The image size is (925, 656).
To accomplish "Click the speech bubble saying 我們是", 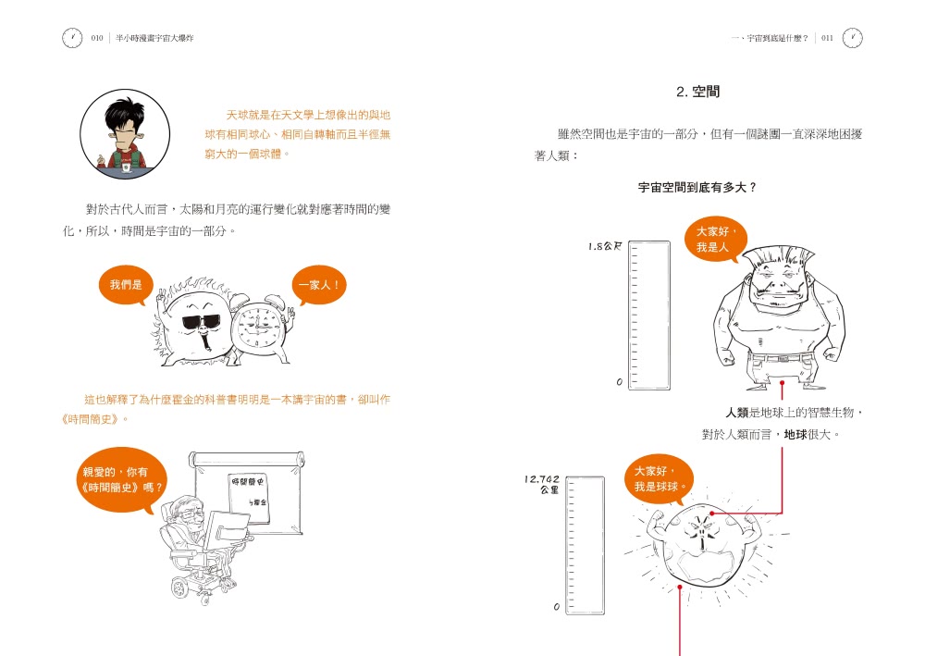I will click(126, 285).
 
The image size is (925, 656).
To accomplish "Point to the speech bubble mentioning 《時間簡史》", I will click(122, 479).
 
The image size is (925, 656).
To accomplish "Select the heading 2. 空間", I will click(697, 92).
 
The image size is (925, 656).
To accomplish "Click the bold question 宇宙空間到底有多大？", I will click(697, 187).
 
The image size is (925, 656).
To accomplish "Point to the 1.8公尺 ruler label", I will click(605, 247).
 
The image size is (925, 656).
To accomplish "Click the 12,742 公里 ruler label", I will click(542, 484).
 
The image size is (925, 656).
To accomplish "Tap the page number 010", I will click(97, 38).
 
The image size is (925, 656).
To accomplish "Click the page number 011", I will click(826, 38).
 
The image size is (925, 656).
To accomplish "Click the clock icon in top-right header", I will click(853, 38).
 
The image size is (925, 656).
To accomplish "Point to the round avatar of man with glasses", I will click(124, 133).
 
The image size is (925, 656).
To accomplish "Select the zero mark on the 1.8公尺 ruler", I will click(619, 382).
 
